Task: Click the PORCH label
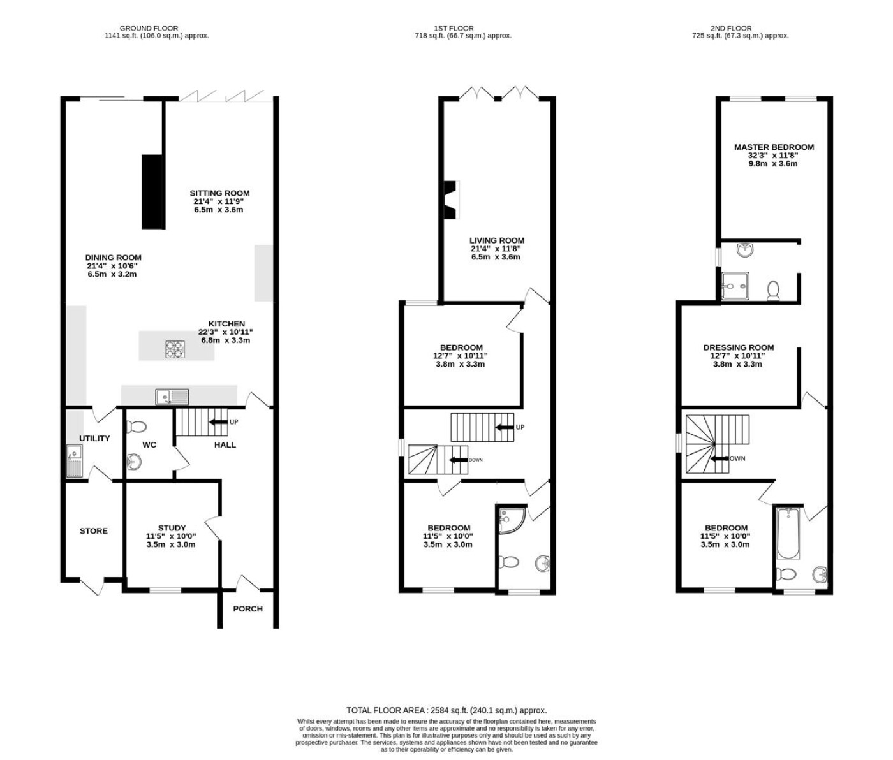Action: click(247, 609)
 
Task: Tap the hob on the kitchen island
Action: click(175, 349)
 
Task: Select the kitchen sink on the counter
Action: click(172, 397)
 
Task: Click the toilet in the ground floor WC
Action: click(136, 427)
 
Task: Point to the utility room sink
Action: click(74, 461)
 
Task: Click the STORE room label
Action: click(94, 531)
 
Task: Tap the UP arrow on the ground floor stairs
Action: click(219, 422)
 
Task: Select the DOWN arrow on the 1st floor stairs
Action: click(459, 460)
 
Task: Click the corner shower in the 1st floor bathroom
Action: click(510, 520)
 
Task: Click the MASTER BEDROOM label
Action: click(774, 147)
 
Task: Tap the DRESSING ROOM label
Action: click(739, 347)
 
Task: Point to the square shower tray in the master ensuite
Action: click(735, 286)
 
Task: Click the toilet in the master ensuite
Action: click(773, 291)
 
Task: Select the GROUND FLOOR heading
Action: click(149, 29)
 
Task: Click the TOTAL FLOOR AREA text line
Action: click(447, 710)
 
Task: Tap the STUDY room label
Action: click(172, 528)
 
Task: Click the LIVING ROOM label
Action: click(497, 240)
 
